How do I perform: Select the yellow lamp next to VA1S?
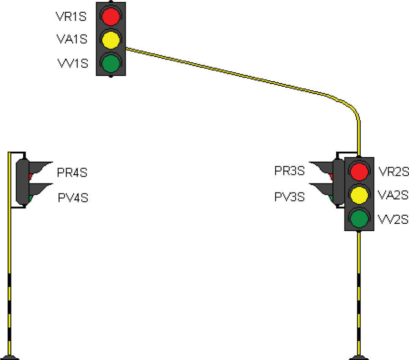111,39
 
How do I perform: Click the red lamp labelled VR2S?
359,172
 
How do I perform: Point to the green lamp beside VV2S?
359,218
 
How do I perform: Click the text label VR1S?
71,17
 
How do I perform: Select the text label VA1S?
71,39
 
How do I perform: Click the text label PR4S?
72,173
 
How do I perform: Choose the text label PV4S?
72,198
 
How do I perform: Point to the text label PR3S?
289,172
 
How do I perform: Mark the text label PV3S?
289,197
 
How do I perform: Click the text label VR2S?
394,172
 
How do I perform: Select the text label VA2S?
394,195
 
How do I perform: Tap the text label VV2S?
394,220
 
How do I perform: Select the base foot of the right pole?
359,356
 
